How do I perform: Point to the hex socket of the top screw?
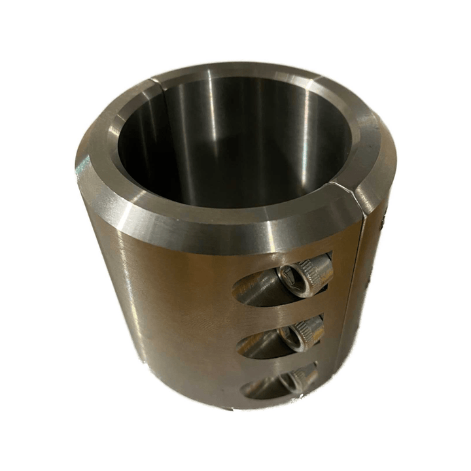pos(288,275)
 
